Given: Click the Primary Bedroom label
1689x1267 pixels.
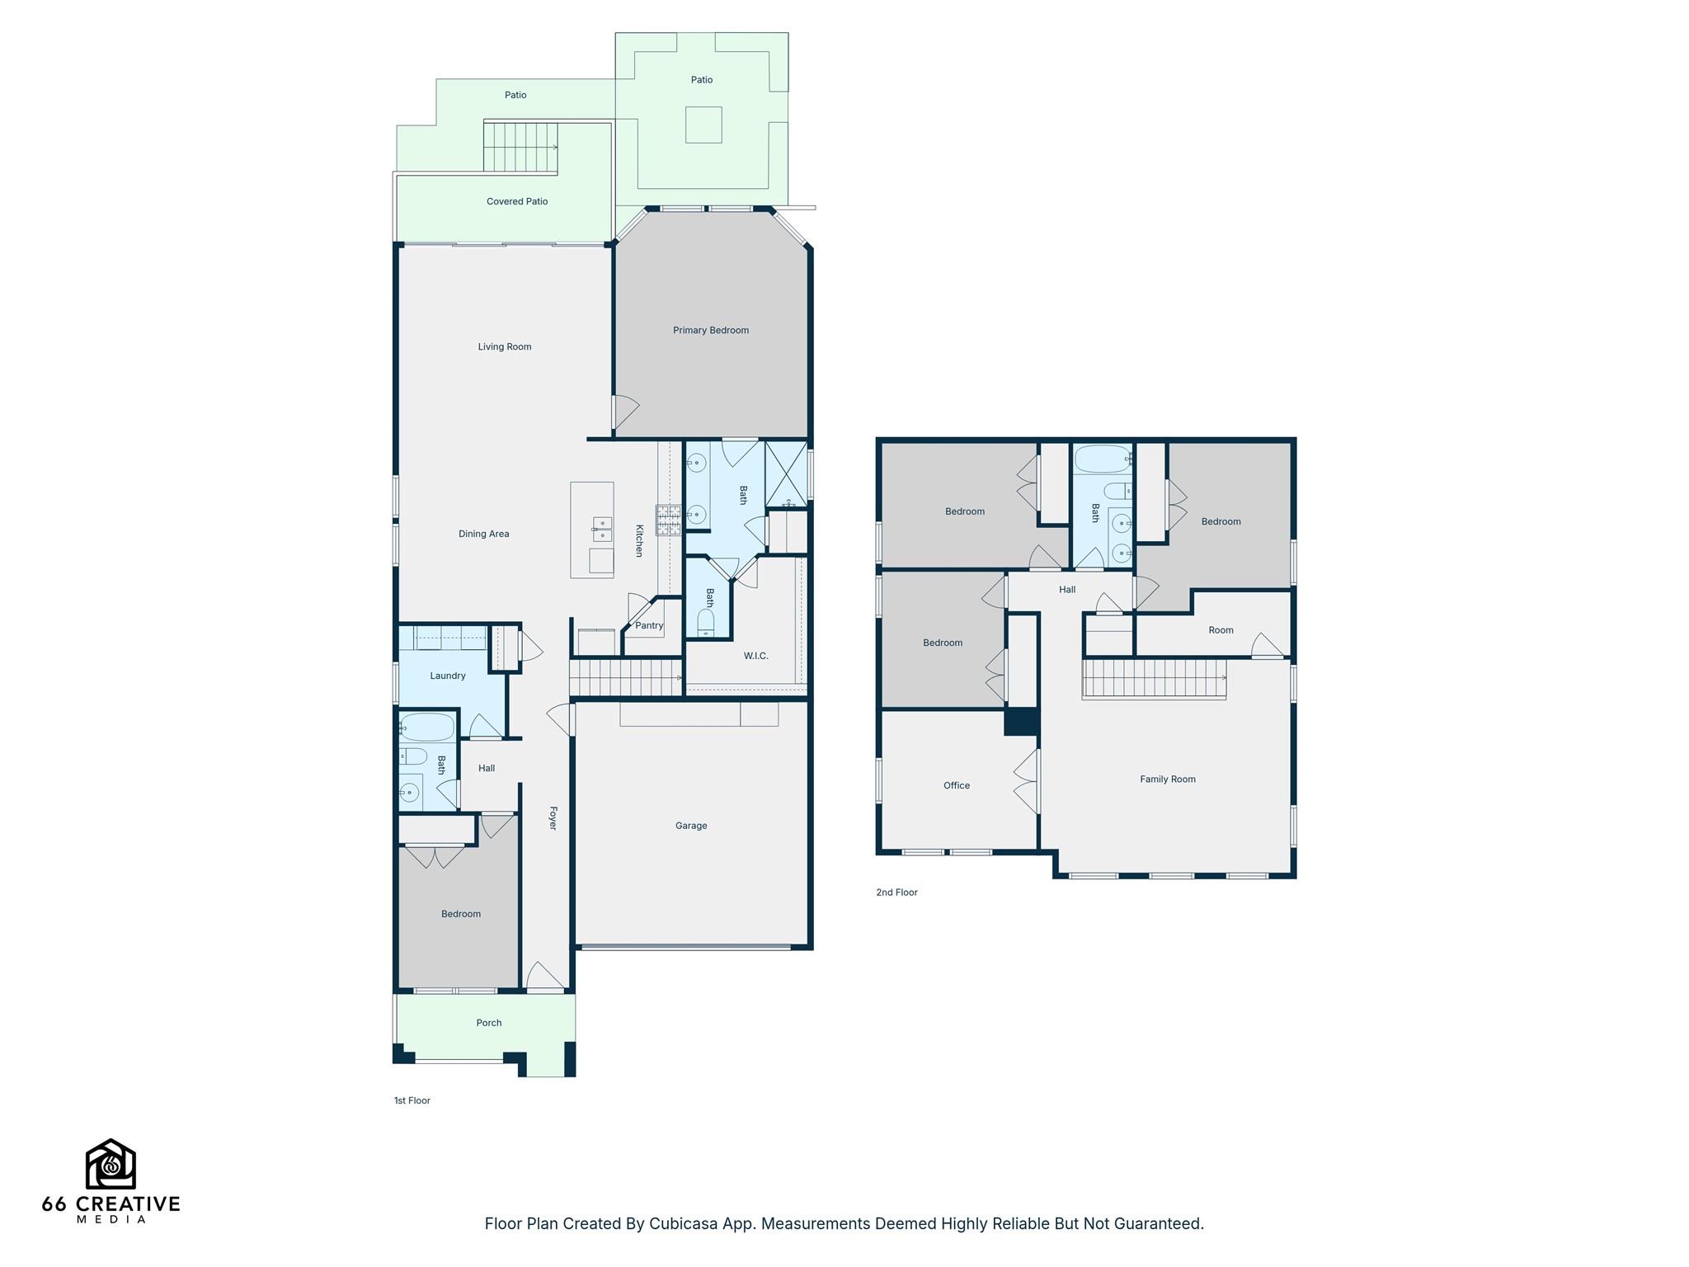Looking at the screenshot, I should click(710, 331).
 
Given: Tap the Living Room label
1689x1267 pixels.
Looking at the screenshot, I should click(504, 347).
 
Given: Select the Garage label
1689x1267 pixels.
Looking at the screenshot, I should click(690, 826).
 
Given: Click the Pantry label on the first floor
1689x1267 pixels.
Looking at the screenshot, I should click(649, 626).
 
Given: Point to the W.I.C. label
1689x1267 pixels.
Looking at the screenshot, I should click(755, 657).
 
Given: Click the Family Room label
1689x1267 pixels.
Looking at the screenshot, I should click(1167, 780).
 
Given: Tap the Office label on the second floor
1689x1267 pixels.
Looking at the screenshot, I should click(956, 786).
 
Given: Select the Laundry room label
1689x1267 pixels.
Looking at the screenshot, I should click(447, 676).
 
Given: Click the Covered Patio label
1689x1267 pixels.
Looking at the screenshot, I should click(516, 202).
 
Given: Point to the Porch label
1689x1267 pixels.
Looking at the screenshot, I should click(488, 1023).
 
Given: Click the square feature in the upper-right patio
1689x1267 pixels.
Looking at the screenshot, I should click(703, 125).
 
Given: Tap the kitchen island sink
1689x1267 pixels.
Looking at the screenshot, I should click(602, 528).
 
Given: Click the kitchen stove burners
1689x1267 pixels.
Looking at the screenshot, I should click(668, 520).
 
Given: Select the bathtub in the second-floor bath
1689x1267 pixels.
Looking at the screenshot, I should click(1102, 459).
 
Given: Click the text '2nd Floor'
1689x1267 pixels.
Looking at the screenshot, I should click(896, 893).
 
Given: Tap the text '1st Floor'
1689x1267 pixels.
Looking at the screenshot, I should click(412, 1100).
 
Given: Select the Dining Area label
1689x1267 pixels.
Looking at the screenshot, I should click(483, 535).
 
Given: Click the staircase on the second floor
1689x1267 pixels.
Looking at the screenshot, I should click(1154, 679).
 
